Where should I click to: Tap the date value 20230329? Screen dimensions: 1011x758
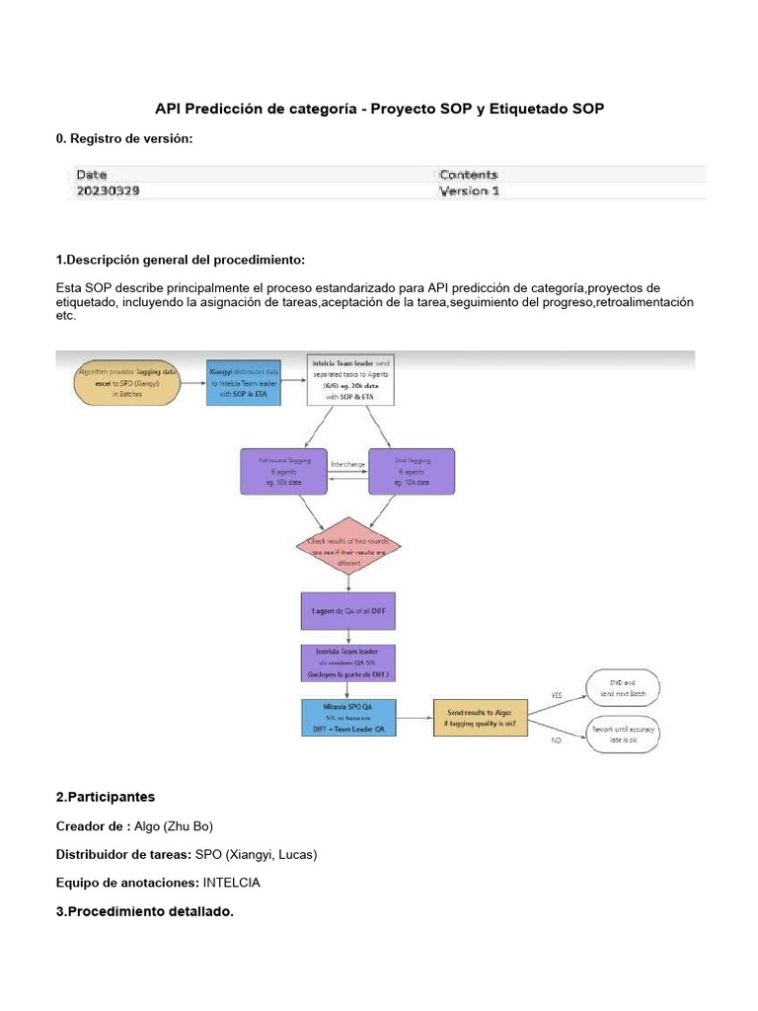[x=108, y=192]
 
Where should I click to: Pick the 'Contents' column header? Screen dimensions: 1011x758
[x=469, y=175]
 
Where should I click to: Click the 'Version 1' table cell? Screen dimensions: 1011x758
[x=469, y=192]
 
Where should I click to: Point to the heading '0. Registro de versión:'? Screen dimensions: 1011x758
[x=125, y=139]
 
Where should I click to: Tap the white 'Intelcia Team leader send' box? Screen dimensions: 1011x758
[x=351, y=380]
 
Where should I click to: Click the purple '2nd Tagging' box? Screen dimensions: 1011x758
[x=412, y=472]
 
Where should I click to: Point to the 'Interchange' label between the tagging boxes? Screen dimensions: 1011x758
[x=348, y=463]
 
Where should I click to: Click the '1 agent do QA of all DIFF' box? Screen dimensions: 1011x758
[x=347, y=611]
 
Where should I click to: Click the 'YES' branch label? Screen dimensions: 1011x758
[x=556, y=695]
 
